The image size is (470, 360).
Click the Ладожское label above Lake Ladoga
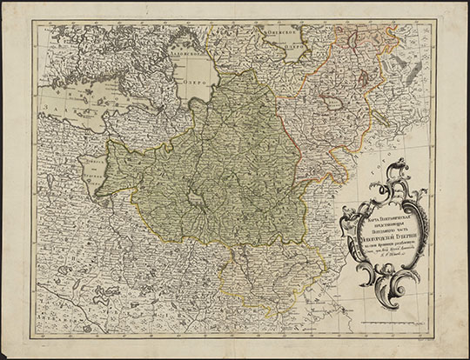tap(185, 50)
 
